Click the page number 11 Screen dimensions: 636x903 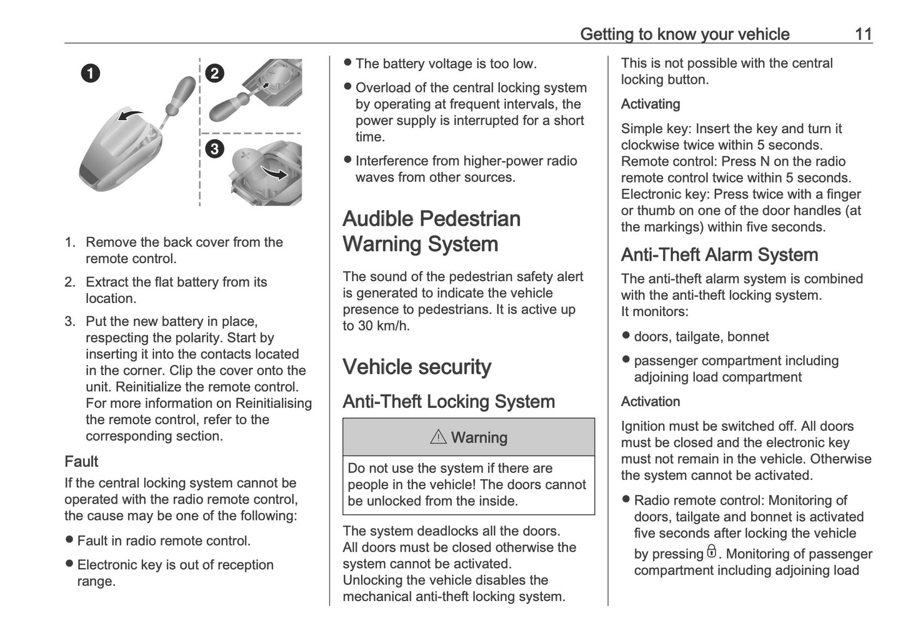(863, 34)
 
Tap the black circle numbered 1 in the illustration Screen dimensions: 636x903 (90, 73)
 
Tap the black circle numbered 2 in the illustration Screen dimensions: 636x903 (214, 73)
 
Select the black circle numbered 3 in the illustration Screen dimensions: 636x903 (214, 149)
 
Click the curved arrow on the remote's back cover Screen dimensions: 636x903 (130, 114)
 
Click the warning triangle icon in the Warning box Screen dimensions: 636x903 (438, 437)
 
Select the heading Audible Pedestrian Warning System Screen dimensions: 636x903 (431, 231)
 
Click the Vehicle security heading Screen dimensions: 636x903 (417, 367)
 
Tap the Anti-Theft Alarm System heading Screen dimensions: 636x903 (719, 255)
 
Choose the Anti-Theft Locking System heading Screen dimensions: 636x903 (449, 402)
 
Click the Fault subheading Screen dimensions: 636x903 (81, 462)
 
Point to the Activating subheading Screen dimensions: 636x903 (650, 104)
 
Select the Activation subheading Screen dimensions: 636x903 (650, 402)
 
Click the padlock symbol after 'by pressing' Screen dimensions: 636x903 (711, 552)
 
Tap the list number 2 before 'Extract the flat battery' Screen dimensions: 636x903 (69, 282)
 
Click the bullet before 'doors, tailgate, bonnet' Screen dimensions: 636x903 (626, 336)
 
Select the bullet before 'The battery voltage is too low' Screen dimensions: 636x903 (347, 63)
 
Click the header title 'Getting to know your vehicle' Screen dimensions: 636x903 (684, 34)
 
